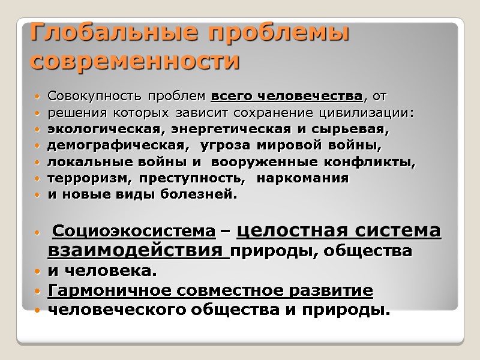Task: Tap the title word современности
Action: pyautogui.click(x=134, y=61)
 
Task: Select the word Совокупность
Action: pyautogui.click(x=85, y=96)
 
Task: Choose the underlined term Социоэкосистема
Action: pyautogui.click(x=134, y=230)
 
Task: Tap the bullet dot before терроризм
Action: pyautogui.click(x=38, y=179)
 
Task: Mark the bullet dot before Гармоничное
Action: pyautogui.click(x=38, y=292)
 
